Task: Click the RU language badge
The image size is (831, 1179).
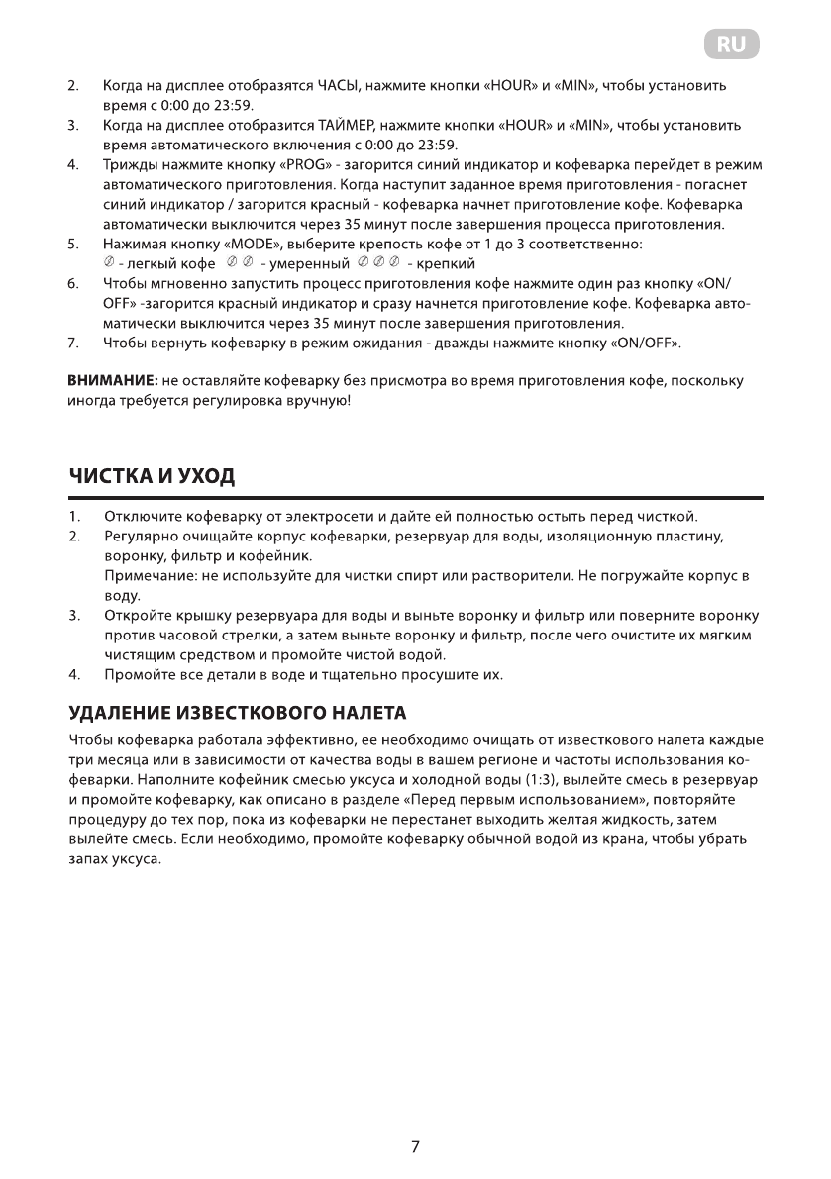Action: pyautogui.click(x=733, y=45)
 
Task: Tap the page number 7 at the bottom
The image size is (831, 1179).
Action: pyautogui.click(x=415, y=1147)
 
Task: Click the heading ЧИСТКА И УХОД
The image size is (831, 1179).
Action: pyautogui.click(x=152, y=476)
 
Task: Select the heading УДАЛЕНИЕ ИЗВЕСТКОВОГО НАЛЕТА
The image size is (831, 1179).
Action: pyautogui.click(x=238, y=713)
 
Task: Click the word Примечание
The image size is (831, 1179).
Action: pyautogui.click(x=147, y=575)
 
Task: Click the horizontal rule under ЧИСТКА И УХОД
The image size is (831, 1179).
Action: pyautogui.click(x=415, y=498)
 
